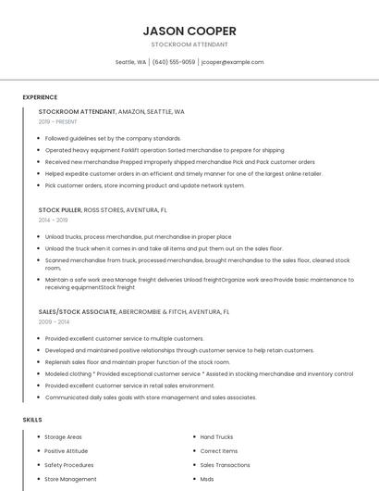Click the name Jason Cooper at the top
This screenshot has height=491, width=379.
pos(189,31)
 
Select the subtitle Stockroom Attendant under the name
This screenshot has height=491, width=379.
pos(189,44)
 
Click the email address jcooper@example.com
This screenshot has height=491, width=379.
pos(232,62)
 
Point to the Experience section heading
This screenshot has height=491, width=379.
pos(40,96)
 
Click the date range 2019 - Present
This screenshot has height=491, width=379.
pos(57,121)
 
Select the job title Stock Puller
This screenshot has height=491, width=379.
pos(60,210)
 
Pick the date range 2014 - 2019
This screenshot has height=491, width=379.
pos(53,220)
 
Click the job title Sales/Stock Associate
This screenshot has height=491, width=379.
pos(77,312)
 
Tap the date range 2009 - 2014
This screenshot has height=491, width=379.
pos(54,321)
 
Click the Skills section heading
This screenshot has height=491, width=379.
pos(32,420)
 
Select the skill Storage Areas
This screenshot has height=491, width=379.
pos(63,436)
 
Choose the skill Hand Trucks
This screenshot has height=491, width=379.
pos(216,436)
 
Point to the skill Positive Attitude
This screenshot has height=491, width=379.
pos(66,451)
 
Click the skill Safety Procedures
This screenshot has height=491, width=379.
pos(68,465)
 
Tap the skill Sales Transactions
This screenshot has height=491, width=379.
pos(225,465)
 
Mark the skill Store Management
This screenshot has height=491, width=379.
pos(70,479)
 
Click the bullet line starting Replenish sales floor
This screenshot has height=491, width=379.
pos(138,362)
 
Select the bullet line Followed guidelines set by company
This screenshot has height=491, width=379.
pos(113,138)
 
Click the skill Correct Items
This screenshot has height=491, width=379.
pos(218,451)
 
